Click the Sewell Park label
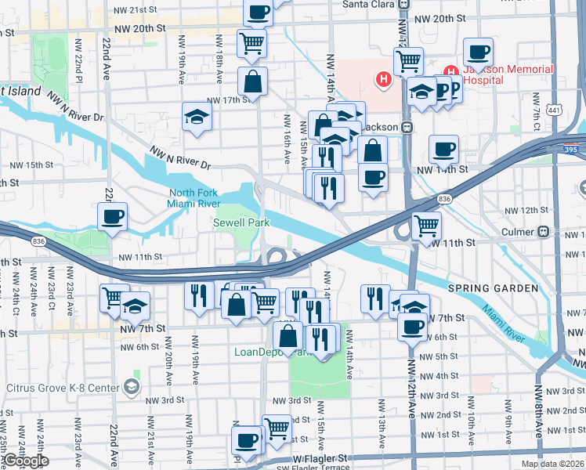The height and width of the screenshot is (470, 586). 241,222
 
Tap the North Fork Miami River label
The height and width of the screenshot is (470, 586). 197,199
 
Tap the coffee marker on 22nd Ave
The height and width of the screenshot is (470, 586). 112,216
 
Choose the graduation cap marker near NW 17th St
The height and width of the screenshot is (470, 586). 197,117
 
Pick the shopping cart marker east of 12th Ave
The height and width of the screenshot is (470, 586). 426,226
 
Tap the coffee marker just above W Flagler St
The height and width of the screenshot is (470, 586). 248,439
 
